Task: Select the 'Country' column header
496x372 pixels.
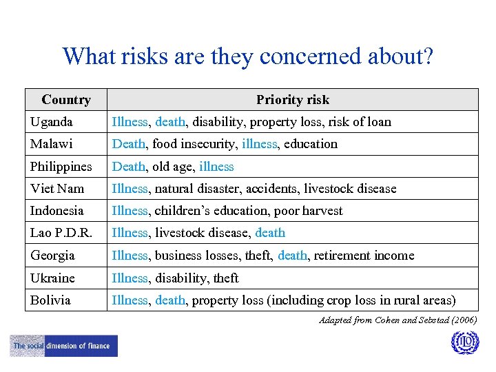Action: click(66, 100)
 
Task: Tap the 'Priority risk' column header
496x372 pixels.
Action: click(293, 100)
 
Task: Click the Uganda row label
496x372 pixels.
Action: click(52, 122)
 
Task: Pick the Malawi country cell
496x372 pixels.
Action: click(52, 144)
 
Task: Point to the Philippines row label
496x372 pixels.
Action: click(61, 167)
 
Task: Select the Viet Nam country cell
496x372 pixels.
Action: click(57, 189)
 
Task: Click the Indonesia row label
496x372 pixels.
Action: click(57, 211)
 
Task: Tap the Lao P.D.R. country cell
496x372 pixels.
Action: click(61, 233)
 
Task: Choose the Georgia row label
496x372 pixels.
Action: click(52, 256)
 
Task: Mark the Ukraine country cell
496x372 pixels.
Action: click(52, 278)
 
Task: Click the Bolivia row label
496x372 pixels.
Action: click(50, 300)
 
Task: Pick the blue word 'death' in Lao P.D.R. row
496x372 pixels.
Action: click(270, 233)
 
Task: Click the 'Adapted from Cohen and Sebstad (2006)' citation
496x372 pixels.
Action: click(397, 320)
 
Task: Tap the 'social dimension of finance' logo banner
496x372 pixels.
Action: click(64, 346)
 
